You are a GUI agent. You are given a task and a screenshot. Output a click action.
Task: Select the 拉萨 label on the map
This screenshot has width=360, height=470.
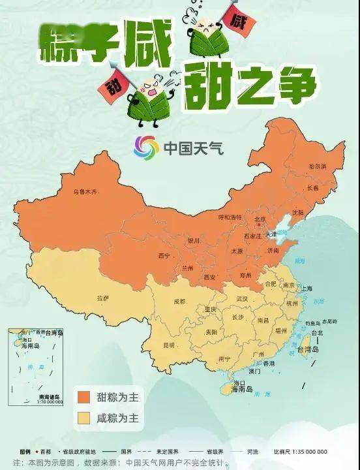pos(102,298)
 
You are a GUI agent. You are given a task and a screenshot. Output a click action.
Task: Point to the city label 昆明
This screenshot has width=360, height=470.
pos(169,345)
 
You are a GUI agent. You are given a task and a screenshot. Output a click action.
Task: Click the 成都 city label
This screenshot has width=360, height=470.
pos(179,302)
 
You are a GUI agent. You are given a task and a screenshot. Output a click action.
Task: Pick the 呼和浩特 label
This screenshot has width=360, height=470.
pos(230,217)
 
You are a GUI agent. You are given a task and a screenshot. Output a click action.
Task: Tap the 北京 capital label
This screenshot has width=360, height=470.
pos(260,219)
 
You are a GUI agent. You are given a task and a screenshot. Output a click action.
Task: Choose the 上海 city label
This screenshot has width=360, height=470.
pos(305,289)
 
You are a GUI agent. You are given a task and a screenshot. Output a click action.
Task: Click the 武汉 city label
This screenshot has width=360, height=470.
pos(242,298)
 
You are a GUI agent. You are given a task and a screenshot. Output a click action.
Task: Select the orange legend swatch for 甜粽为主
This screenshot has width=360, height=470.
pos(83,396)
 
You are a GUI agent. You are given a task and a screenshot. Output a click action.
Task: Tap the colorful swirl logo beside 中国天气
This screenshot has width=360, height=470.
pos(147,148)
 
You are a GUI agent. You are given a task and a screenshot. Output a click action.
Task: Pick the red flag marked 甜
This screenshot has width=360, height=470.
pos(112,83)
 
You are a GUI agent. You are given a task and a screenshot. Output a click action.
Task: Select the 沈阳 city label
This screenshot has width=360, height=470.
pos(298,213)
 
